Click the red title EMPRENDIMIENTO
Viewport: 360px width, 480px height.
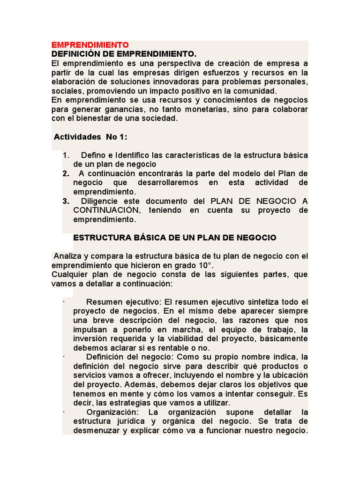pos(90,45)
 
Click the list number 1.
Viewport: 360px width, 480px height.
pos(66,155)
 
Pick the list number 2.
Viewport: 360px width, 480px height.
pos(66,173)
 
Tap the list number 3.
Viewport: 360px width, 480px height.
pos(66,201)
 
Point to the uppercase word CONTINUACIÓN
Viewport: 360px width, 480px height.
pos(106,210)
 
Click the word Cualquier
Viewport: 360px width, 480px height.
pos(71,274)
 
